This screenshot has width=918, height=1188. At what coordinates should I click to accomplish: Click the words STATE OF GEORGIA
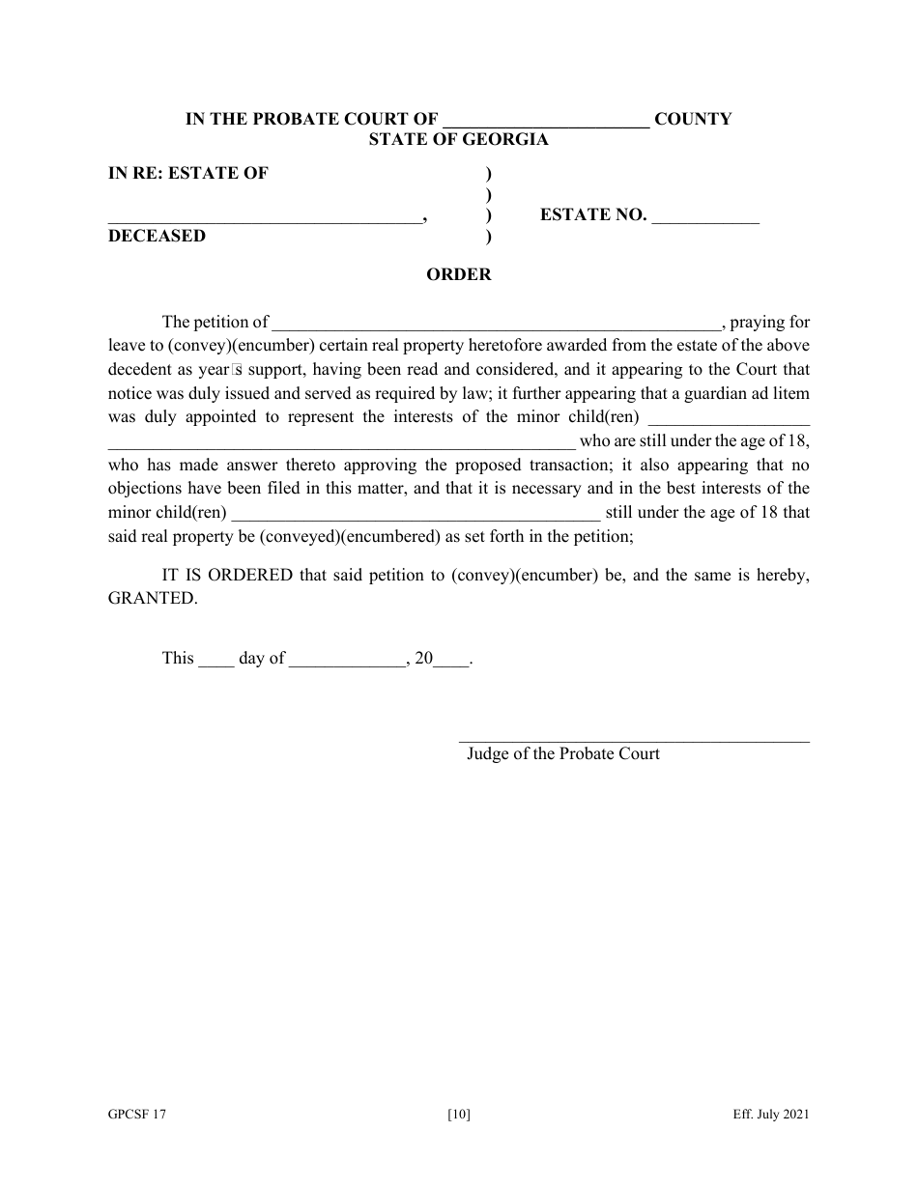(458, 139)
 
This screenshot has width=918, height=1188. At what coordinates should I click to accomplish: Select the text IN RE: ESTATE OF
(187, 174)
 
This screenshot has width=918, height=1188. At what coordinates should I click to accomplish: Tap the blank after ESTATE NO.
(705, 217)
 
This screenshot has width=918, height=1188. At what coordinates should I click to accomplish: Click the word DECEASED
(157, 236)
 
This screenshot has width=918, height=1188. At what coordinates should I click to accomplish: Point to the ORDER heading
(459, 275)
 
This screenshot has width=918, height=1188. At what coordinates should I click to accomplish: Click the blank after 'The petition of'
(497, 324)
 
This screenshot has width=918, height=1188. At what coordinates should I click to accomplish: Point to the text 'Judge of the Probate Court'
(563, 754)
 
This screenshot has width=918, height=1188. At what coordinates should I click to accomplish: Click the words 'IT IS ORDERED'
(227, 576)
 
